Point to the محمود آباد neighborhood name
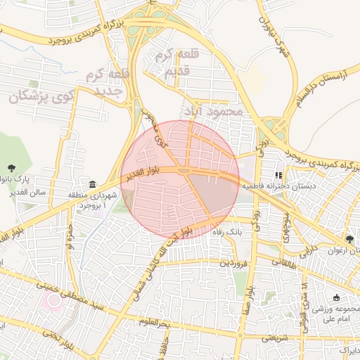click(x=212, y=111)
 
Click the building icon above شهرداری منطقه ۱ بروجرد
click(x=94, y=184)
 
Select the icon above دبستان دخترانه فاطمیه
click(x=279, y=175)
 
